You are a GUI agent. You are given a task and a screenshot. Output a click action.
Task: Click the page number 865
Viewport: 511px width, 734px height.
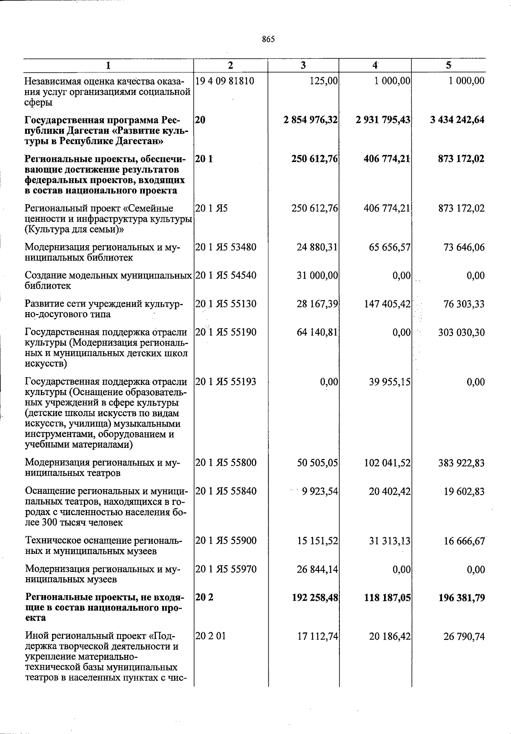[x=268, y=40]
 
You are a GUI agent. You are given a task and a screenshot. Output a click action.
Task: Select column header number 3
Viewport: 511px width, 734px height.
[x=303, y=66]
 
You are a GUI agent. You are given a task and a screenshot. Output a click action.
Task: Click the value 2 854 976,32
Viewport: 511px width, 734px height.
[x=310, y=120]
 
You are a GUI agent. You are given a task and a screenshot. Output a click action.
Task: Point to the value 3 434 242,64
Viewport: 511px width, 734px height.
[x=457, y=120]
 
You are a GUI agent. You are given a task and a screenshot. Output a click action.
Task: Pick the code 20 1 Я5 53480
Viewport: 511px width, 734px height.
[x=226, y=247]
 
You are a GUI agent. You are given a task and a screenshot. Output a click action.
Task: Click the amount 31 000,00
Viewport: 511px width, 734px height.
[x=317, y=276]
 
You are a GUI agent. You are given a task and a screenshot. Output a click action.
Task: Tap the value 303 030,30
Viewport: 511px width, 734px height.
[x=461, y=333]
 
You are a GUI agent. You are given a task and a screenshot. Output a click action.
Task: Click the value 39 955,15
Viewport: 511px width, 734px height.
[x=390, y=382]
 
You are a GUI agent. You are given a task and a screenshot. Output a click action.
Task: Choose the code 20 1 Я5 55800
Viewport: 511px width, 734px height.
[x=226, y=463]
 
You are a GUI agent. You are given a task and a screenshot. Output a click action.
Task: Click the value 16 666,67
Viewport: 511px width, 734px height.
[x=463, y=541]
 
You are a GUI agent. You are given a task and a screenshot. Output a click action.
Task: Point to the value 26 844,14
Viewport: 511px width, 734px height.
[x=317, y=570]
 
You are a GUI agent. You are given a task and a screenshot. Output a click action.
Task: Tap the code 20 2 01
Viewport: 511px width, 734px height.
[x=210, y=637]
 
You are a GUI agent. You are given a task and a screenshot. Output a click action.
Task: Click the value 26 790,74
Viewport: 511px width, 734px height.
[x=463, y=637]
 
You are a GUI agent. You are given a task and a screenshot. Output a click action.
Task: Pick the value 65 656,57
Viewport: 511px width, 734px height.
[x=390, y=247]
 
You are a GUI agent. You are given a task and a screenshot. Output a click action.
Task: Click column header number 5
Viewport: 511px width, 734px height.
[x=448, y=66]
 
